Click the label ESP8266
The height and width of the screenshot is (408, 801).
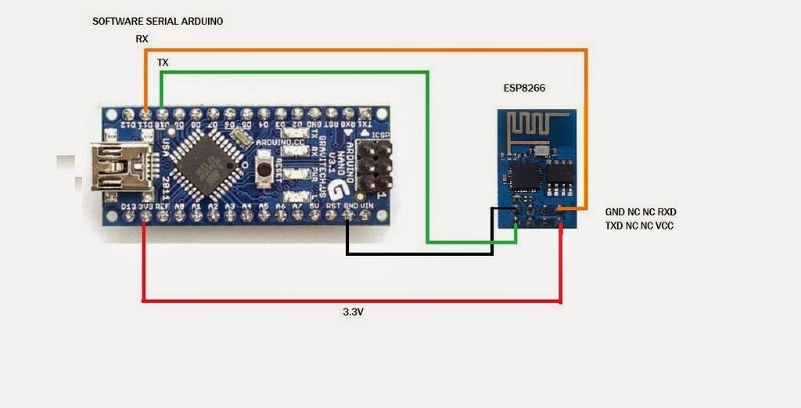pos(523,88)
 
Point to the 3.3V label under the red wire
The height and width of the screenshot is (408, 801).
pos(354,312)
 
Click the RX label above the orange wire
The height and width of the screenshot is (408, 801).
pos(142,38)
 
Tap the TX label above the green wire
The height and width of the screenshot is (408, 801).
pos(163,61)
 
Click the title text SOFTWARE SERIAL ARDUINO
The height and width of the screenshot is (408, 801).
pos(157,21)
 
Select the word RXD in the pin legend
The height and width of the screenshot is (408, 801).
pos(666,212)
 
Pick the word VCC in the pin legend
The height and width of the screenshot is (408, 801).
pos(664,226)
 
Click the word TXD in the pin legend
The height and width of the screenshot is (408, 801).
pos(616,226)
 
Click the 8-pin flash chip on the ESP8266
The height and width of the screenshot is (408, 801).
pos(561,177)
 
